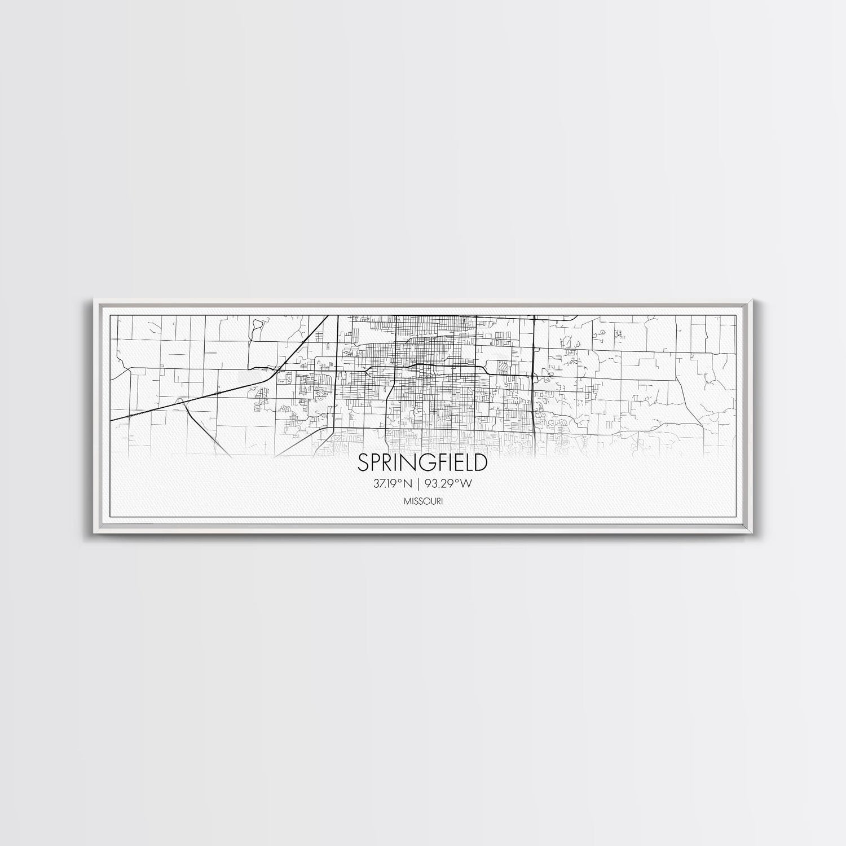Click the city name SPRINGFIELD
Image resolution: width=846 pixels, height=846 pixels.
[x=422, y=463]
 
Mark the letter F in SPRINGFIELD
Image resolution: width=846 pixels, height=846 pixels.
[x=437, y=463]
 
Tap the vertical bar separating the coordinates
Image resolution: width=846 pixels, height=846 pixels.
[x=422, y=483]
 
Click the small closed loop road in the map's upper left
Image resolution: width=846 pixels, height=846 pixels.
[x=258, y=327]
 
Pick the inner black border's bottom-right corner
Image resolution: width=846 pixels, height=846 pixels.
[x=737, y=517]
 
